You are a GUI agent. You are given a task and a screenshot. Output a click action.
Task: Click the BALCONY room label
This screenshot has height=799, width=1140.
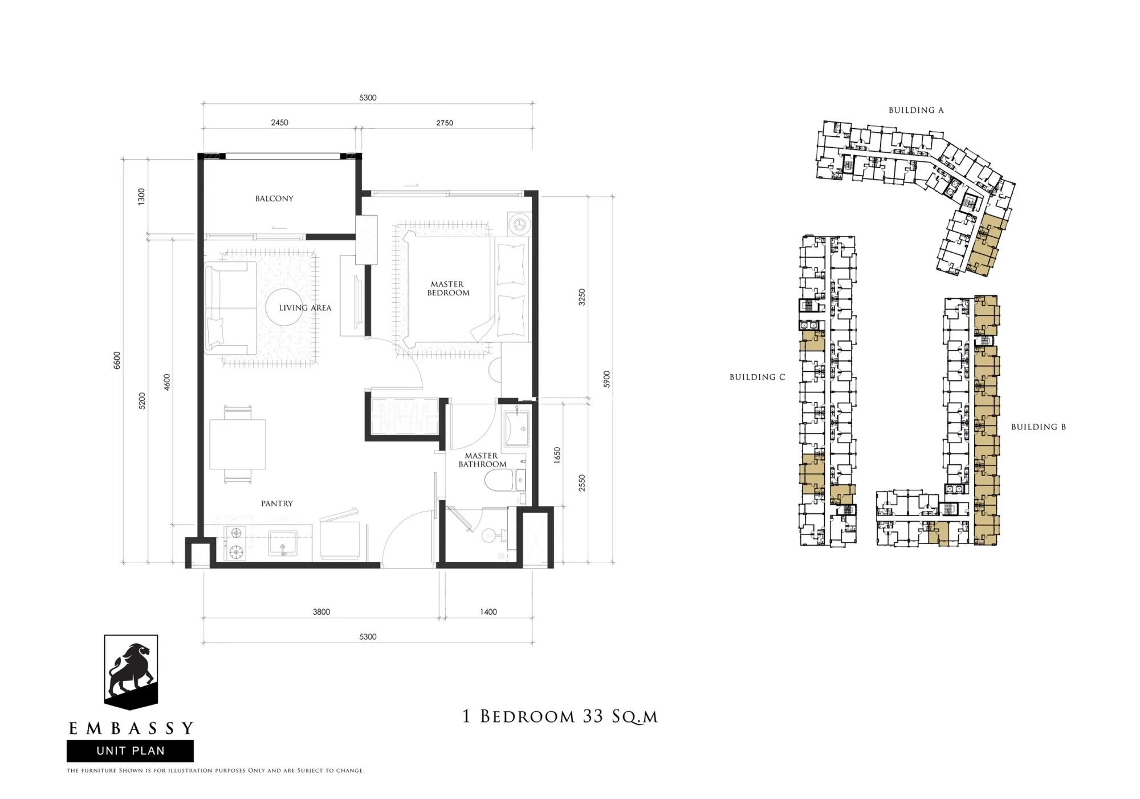coord(274,198)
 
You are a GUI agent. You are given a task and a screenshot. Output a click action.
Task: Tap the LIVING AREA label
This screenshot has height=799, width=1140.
coord(305,308)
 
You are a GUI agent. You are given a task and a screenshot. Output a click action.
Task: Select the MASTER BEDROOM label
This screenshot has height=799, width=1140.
coord(449,289)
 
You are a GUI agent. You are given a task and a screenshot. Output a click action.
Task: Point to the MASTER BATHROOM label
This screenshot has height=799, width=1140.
coord(482,460)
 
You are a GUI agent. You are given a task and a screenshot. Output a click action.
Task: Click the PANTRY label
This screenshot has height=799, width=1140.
coord(277,504)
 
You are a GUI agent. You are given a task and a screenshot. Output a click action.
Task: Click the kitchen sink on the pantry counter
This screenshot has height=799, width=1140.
coord(283,543)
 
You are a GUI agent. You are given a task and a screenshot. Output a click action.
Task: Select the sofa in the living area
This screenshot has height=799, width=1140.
coord(230,309)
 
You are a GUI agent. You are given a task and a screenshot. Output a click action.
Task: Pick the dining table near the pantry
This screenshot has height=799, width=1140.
coord(238,444)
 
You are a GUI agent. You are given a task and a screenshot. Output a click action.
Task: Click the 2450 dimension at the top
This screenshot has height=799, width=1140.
coord(279,123)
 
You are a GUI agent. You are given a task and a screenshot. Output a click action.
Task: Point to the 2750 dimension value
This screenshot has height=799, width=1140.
coord(445,123)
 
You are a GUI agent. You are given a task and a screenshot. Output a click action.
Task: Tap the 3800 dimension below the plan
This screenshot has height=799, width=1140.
coord(321,612)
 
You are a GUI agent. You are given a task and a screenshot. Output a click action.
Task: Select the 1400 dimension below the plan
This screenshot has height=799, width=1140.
coord(488,612)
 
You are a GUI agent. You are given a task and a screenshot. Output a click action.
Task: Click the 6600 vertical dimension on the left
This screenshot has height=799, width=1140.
coord(117,360)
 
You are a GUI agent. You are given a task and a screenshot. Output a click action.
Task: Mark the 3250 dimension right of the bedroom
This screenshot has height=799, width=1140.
coord(581,297)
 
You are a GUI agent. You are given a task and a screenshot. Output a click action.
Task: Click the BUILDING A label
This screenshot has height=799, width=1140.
coord(916,110)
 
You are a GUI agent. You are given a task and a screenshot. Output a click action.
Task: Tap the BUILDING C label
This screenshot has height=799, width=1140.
coord(758,377)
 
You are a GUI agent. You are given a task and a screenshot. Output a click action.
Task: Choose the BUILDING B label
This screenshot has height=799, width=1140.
coord(1039,427)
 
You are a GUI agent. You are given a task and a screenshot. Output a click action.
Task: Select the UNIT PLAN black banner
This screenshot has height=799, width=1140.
coord(130,751)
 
